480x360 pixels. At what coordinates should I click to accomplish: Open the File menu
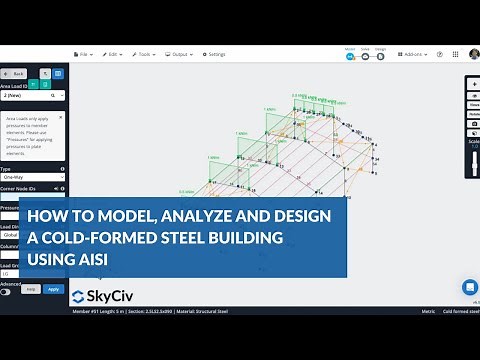86,54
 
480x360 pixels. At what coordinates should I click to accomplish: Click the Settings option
214,54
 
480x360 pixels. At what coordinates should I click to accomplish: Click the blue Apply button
53,289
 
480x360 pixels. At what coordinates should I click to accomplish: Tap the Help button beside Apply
30,289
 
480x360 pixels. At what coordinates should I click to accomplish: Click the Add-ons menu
409,54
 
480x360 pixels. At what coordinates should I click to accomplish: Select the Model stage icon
350,55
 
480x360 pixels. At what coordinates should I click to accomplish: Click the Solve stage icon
365,55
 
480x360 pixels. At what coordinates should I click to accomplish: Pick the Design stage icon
380,55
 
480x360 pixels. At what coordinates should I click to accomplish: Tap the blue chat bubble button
469,287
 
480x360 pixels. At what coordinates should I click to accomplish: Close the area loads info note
62,116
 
